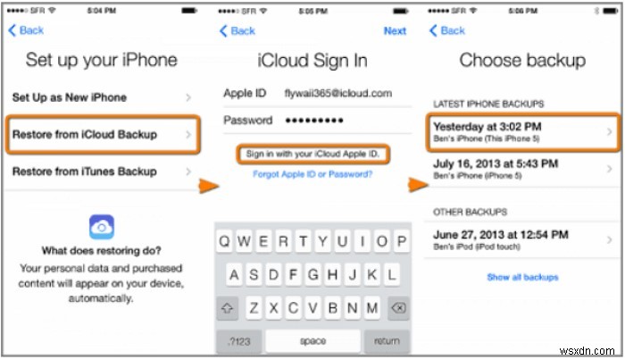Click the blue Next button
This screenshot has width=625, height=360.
coord(395,30)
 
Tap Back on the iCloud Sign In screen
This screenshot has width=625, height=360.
coord(237,30)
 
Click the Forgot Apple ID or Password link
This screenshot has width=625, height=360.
coord(311,174)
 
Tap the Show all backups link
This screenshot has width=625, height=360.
coord(522,277)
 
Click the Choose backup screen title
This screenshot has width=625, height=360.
coord(522,61)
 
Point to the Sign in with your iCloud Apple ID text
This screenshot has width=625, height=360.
coord(311,154)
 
